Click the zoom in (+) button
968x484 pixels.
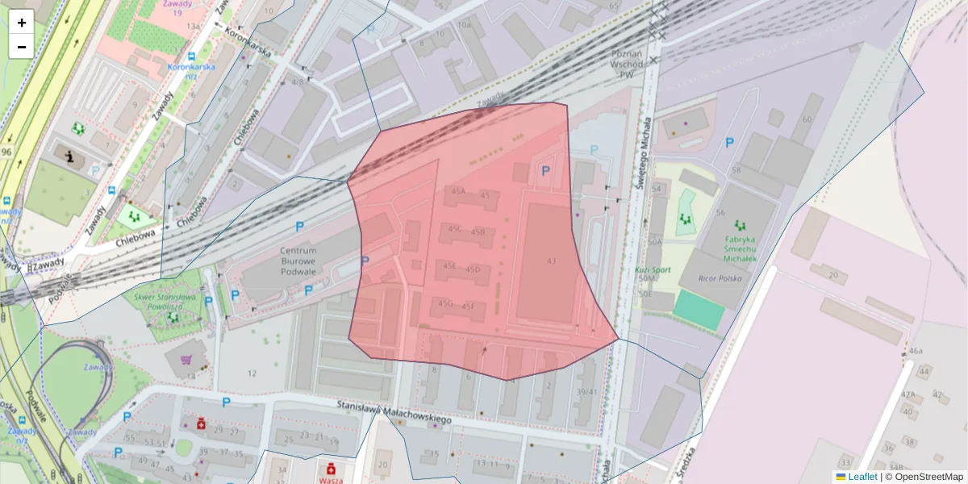pos(21,22)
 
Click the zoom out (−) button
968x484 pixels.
pos(21,46)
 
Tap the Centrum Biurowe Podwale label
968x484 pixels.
pos(297,261)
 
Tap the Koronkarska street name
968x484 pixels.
pos(248,43)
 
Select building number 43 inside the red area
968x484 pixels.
pos(551,261)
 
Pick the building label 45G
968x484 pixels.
pos(445,304)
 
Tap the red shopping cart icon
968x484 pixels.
pos(188,361)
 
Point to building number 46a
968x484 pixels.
pos(915,351)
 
